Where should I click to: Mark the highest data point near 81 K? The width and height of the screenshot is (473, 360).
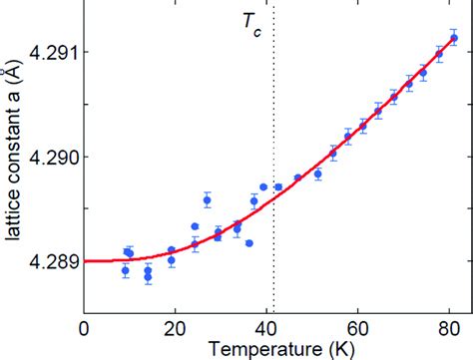(454, 39)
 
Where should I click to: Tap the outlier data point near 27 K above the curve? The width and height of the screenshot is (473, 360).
(208, 200)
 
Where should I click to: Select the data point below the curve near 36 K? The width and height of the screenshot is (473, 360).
(248, 242)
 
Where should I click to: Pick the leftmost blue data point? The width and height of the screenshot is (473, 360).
(125, 270)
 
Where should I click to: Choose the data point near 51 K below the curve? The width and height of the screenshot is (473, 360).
(318, 174)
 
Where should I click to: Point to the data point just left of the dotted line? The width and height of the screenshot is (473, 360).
(263, 186)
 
